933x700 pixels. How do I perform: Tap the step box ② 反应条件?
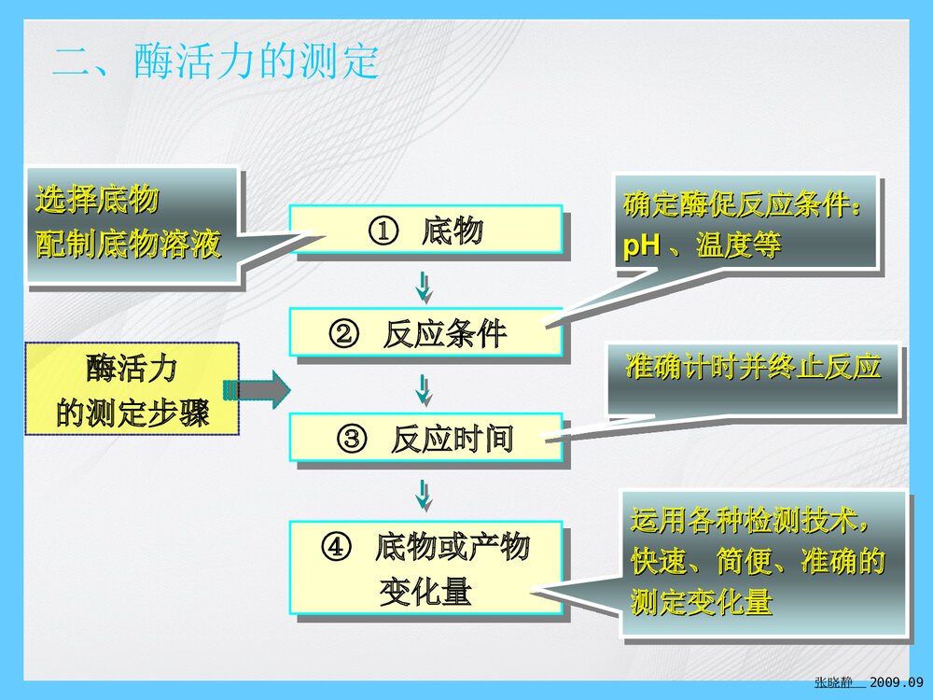click(x=425, y=333)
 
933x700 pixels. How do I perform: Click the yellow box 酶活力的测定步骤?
click(x=132, y=389)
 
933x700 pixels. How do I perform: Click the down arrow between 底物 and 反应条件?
click(x=424, y=286)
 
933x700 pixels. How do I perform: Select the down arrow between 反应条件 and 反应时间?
click(x=424, y=389)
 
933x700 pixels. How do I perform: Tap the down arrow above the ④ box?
click(x=424, y=495)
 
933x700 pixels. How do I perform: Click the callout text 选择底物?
click(x=97, y=200)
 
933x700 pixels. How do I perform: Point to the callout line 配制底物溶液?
click(x=129, y=245)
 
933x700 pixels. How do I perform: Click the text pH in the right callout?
click(x=641, y=247)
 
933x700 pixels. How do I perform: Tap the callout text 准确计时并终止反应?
click(x=754, y=367)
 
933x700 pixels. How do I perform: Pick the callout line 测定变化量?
click(x=702, y=602)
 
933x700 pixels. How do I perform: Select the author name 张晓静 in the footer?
click(x=833, y=683)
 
